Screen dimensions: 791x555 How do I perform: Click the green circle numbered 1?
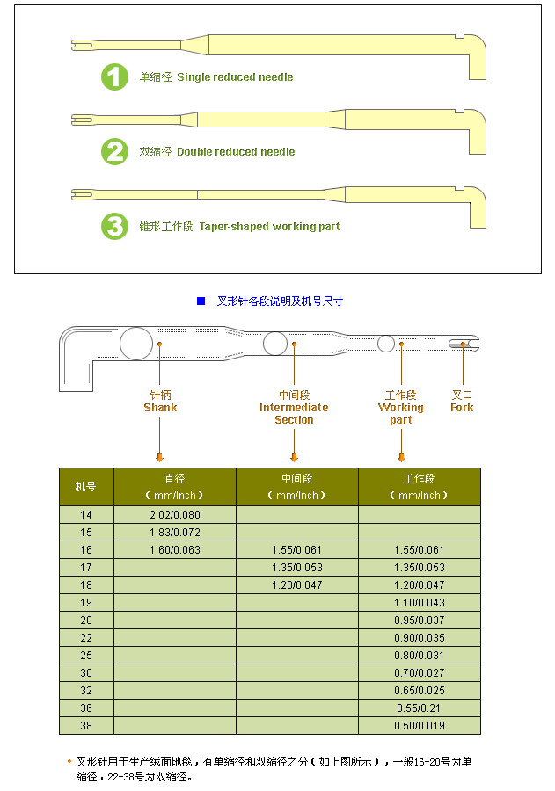114,76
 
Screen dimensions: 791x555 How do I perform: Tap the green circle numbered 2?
114,151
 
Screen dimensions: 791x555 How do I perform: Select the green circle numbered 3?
114,226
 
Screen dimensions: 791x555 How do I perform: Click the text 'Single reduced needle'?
235,77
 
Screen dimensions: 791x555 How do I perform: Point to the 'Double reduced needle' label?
236,152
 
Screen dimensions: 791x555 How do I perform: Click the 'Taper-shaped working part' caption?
269,227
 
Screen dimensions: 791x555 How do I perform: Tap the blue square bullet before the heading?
201,301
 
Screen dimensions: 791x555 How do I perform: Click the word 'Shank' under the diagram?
160,408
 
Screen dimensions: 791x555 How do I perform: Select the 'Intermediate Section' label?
294,413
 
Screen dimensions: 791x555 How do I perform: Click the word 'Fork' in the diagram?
462,408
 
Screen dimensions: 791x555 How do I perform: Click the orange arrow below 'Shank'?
159,456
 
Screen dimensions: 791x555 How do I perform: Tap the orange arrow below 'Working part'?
401,456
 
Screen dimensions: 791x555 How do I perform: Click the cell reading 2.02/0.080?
175,515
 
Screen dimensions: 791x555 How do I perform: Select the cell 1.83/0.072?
175,533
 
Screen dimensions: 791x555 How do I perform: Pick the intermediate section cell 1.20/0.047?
297,585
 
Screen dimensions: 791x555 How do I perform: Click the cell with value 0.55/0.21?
420,708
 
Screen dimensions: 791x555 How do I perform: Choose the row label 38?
85,726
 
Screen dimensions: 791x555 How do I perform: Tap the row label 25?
85,656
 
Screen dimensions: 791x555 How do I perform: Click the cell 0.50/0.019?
420,726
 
